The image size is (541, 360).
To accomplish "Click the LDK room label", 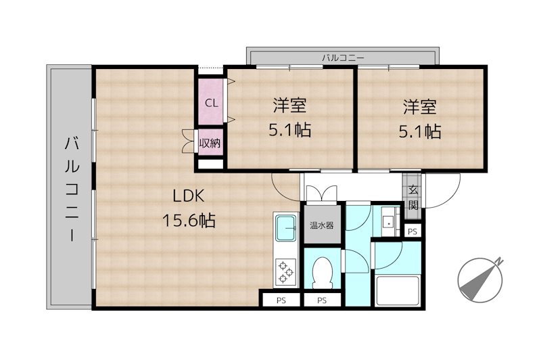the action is [x=189, y=196].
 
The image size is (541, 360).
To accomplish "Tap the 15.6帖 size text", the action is [x=189, y=220].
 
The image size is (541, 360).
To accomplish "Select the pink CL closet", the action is [x=210, y=102].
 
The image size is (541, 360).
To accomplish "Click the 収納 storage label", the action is [x=210, y=143].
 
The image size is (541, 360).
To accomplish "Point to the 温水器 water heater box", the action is [x=322, y=225].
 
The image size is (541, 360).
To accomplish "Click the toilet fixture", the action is [x=323, y=273].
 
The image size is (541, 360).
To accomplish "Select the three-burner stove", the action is [x=286, y=272].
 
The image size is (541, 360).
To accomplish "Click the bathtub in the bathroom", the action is [x=398, y=290].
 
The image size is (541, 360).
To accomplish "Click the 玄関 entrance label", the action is [x=413, y=197].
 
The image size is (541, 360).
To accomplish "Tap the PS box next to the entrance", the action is [x=413, y=231].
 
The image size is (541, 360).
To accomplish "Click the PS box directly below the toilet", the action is [x=322, y=300].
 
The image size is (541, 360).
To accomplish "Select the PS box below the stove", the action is [x=281, y=300].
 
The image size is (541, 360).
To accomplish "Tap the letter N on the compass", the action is [x=499, y=263].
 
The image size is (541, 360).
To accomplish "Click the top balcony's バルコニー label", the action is [x=343, y=58].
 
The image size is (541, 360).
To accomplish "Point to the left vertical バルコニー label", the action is [x=72, y=189].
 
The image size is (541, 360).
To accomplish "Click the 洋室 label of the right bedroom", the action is [x=420, y=106].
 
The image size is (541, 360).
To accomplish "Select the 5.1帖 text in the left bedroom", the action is [x=290, y=130].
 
